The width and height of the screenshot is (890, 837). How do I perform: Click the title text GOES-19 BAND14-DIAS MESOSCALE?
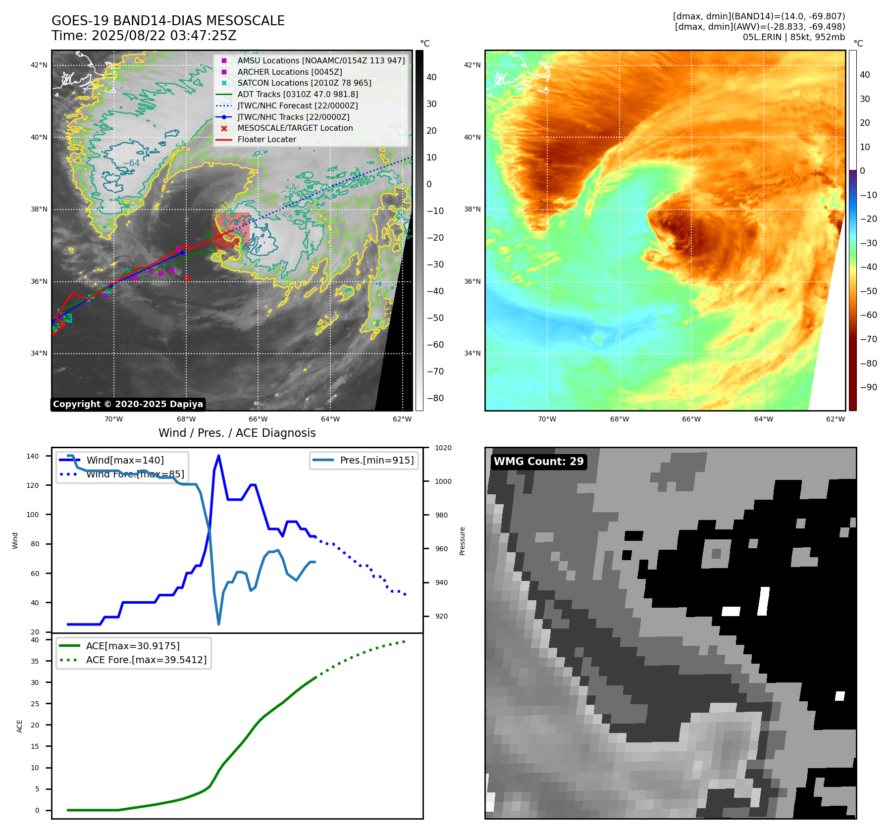[168, 21]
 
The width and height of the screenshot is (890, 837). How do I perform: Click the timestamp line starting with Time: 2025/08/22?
[144, 36]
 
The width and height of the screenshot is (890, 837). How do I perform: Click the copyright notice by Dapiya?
[128, 404]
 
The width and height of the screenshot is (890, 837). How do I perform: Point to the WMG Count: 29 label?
[538, 462]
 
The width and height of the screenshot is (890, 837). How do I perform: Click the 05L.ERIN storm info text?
[793, 37]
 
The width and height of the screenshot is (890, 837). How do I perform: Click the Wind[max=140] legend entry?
[125, 460]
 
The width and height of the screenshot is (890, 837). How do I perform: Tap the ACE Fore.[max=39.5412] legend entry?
[146, 660]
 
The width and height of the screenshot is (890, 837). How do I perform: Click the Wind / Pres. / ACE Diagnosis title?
[237, 433]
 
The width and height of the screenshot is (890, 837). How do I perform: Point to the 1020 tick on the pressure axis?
[443, 448]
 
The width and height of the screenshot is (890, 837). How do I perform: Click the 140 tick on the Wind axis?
[33, 456]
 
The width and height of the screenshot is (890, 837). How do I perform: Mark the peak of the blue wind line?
[219, 456]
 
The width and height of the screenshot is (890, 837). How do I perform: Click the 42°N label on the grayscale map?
[39, 65]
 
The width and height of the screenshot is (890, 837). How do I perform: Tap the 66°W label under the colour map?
[691, 419]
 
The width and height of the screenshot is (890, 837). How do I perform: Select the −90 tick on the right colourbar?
[868, 387]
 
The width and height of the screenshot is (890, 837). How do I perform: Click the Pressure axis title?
[462, 541]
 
